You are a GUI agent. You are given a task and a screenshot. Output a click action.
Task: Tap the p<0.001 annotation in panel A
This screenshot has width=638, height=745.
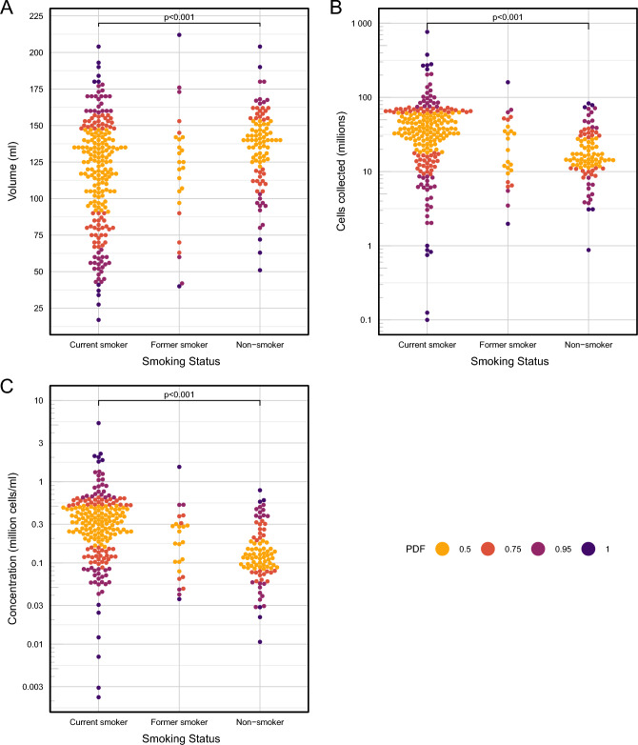point(179,16)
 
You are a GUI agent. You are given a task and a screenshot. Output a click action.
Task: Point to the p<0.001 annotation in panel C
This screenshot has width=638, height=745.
point(179,393)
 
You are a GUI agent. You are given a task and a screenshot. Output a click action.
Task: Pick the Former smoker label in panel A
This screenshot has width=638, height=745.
point(179,343)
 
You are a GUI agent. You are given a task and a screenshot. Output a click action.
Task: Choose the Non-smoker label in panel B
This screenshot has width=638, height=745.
point(588,343)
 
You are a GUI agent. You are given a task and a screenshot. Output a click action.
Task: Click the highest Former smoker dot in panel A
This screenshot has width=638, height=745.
point(179,35)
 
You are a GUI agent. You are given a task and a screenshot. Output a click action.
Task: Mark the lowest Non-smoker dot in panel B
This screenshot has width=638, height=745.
point(588,250)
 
